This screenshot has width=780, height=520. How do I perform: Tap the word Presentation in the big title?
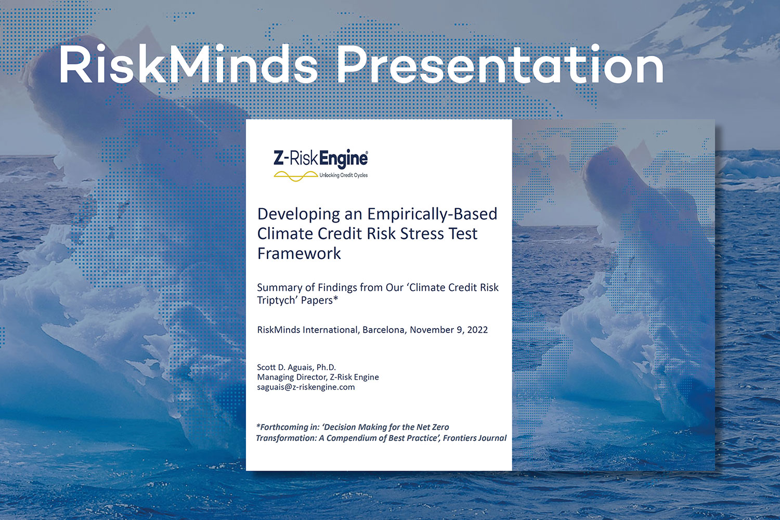(x=500, y=65)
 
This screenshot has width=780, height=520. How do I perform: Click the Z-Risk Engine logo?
(x=321, y=159)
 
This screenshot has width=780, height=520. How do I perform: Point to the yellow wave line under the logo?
(x=295, y=176)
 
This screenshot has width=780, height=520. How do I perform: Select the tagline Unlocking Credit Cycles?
(x=343, y=175)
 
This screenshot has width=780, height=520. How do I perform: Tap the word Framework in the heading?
(x=299, y=254)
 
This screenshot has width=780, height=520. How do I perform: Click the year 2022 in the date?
(x=477, y=330)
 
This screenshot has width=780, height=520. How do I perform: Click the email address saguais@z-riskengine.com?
(x=306, y=387)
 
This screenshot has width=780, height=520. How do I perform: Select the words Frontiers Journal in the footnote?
(x=474, y=438)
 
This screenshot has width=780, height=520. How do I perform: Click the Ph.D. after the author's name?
(x=326, y=367)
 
